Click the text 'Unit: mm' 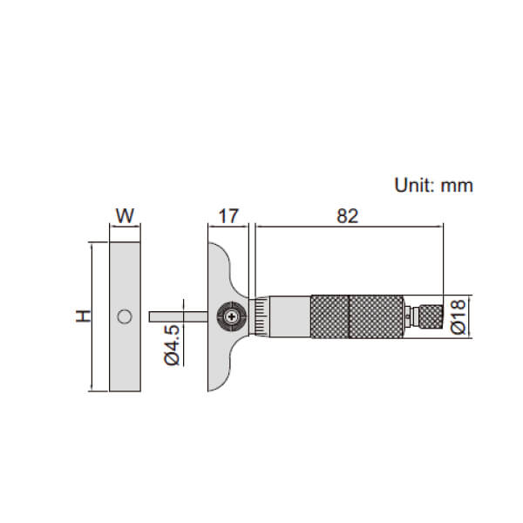(433, 186)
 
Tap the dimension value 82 (347, 216)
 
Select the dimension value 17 (228, 216)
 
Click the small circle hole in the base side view (126, 316)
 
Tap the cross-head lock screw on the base (231, 316)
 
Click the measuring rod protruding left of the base (178, 316)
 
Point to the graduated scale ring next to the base (261, 316)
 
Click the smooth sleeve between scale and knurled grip (290, 316)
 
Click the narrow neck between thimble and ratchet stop (409, 316)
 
